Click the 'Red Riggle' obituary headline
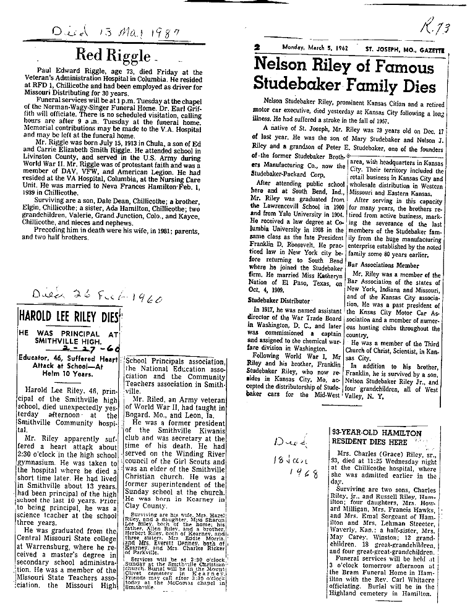click(x=113, y=54)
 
